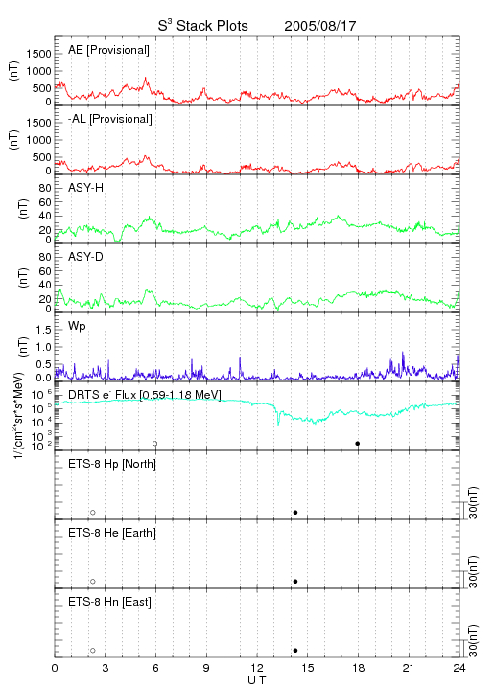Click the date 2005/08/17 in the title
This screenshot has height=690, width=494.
(320, 26)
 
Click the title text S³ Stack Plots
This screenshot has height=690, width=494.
(203, 26)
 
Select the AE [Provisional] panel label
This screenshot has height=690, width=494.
(108, 50)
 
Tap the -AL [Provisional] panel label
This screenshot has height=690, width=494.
(110, 119)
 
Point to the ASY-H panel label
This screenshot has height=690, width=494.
(86, 188)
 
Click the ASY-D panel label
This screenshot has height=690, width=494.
(86, 257)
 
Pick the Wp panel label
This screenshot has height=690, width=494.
(77, 326)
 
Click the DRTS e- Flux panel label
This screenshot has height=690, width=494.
(145, 395)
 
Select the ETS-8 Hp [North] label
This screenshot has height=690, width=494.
(112, 464)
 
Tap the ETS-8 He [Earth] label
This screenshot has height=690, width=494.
(112, 533)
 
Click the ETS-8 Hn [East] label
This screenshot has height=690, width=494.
(109, 602)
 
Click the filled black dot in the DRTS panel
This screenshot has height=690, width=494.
(358, 444)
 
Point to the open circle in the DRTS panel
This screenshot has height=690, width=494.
(155, 444)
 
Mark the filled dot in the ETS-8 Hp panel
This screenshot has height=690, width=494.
(295, 513)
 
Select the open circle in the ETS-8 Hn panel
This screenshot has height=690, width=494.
(93, 651)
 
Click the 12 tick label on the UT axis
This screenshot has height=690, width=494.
(257, 668)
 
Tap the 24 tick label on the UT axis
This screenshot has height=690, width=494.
(459, 668)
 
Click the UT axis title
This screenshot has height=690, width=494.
(257, 680)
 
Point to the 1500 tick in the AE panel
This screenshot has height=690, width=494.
(38, 54)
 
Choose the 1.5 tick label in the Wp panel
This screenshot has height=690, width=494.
(43, 330)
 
